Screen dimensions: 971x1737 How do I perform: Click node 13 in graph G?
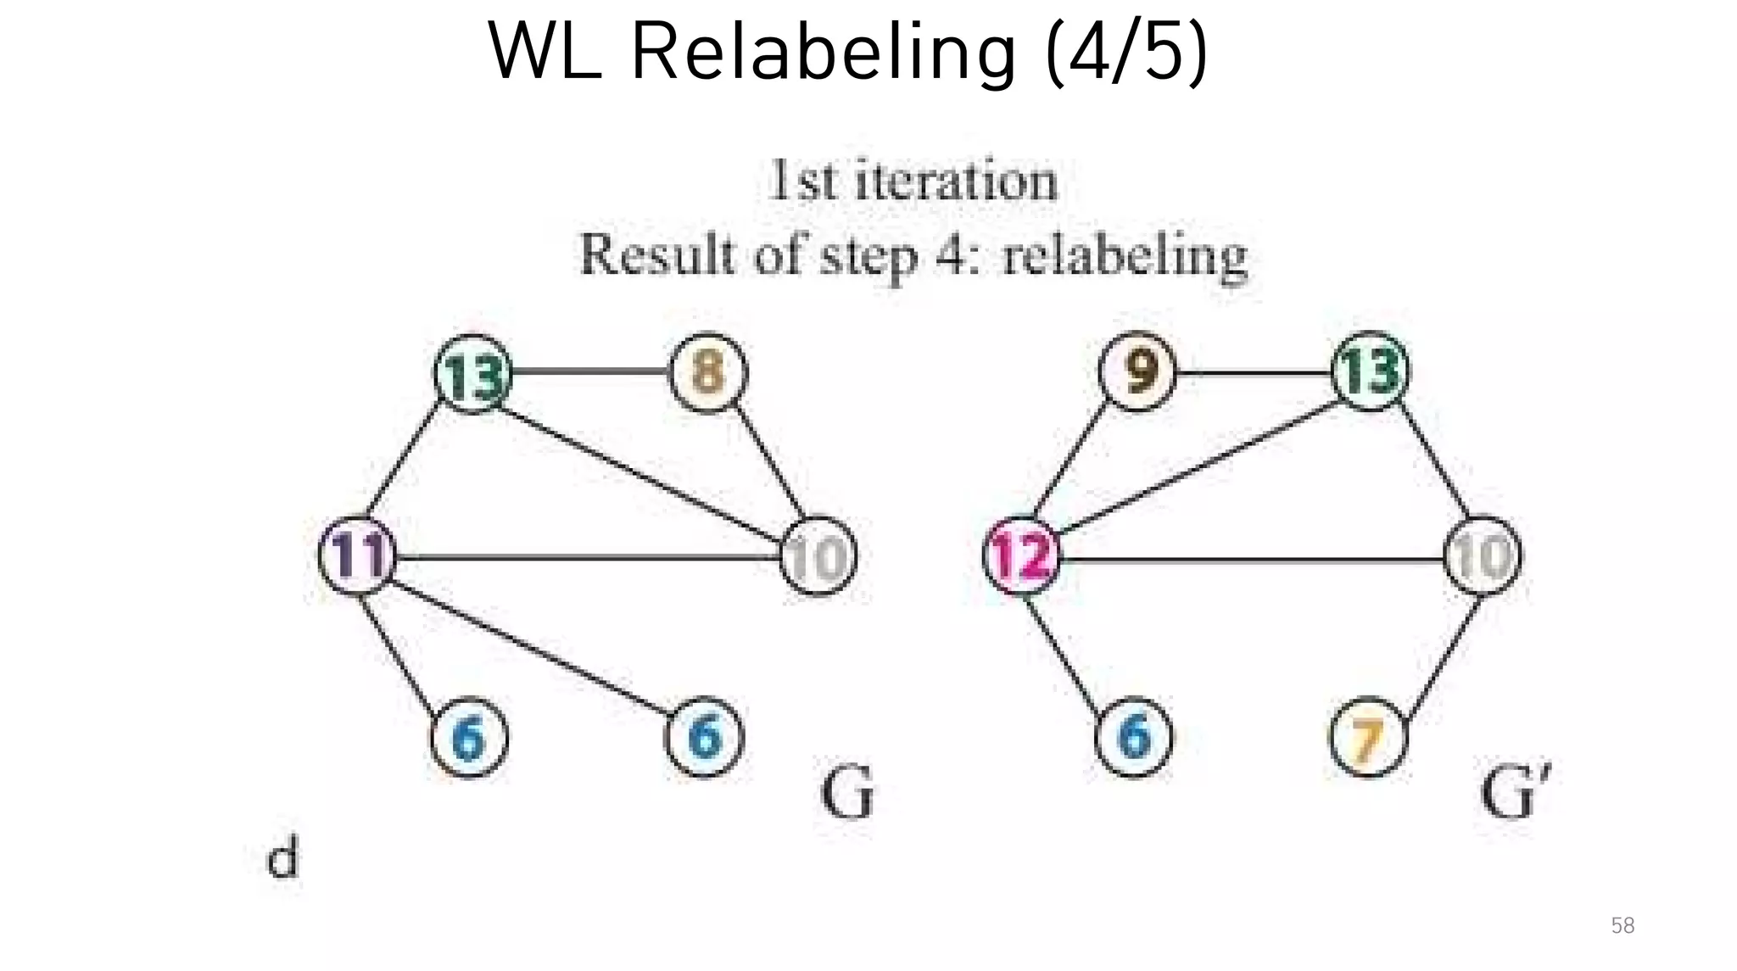pos(473,374)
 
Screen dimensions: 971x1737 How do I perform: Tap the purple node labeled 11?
pos(358,555)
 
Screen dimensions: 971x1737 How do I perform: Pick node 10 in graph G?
pos(818,556)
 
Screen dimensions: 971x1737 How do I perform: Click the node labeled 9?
pos(1137,371)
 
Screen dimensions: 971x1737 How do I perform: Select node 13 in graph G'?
pos(1371,371)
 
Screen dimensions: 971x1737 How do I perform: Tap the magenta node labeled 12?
pos(1022,556)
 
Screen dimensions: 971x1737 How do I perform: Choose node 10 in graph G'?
pos(1483,556)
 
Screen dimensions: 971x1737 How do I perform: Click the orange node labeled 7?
pos(1367,737)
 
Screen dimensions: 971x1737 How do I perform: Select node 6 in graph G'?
pos(1134,736)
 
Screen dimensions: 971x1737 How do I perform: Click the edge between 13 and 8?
pos(590,371)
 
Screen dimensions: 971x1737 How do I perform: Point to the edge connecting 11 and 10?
pos(585,557)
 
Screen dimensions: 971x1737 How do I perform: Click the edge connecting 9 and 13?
pos(1254,373)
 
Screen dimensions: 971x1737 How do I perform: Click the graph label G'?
pos(1515,792)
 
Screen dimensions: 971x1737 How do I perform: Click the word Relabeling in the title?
pos(823,53)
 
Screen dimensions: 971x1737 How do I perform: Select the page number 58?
pos(1622,925)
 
